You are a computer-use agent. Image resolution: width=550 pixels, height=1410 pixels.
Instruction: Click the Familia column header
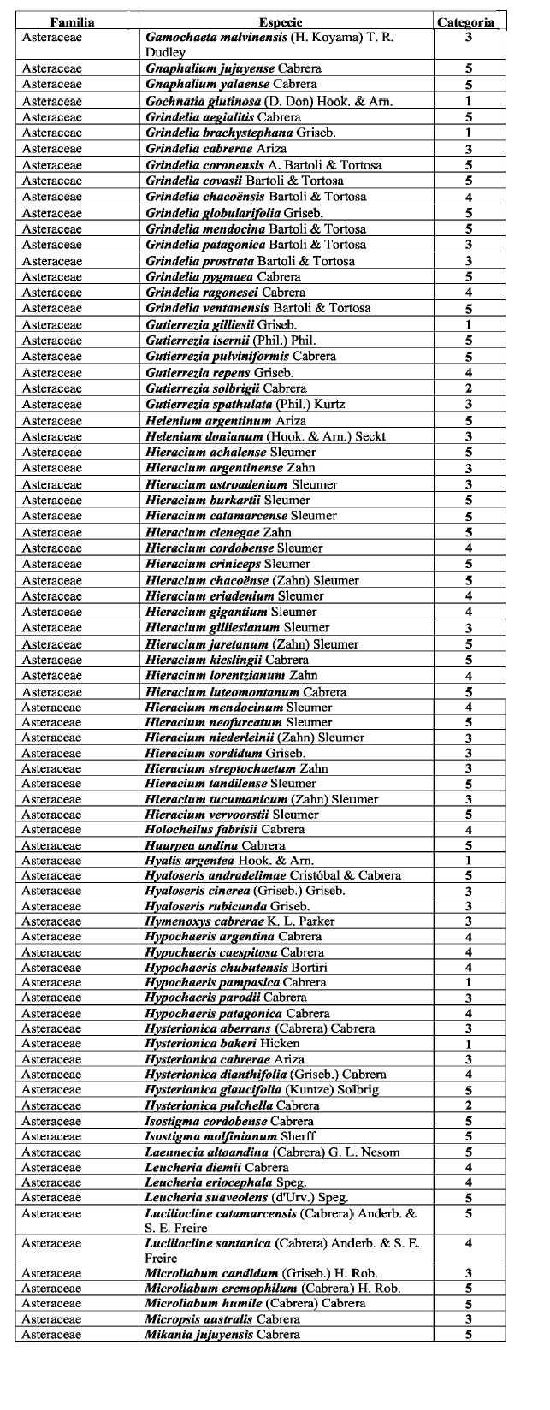tap(72, 22)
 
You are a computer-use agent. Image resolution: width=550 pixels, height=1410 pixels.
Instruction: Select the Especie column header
tap(281, 22)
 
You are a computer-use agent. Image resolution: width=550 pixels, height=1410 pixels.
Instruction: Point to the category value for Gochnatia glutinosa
tap(469, 101)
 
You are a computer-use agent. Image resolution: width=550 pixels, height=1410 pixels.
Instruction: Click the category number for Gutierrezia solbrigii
tap(469, 388)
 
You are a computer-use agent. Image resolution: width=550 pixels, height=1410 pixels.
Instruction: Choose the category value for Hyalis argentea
tap(469, 860)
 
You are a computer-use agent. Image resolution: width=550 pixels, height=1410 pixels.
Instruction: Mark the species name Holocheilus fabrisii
tap(197, 829)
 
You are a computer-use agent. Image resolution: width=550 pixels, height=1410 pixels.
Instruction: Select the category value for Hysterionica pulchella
tap(469, 1105)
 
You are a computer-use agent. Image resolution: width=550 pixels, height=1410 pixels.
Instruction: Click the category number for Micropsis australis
tap(469, 1319)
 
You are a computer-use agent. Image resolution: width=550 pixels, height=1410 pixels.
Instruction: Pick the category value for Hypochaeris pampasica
tap(469, 982)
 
